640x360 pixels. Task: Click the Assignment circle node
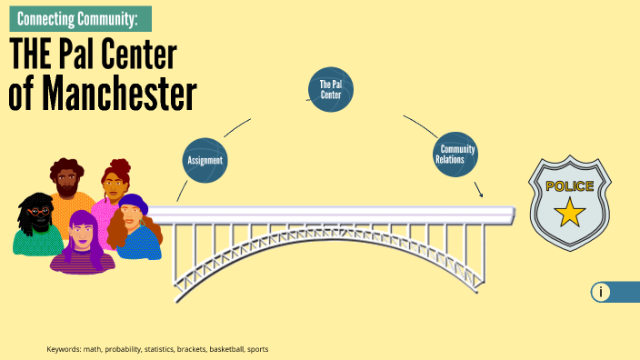[x=205, y=160]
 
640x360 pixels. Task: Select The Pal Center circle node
[x=331, y=90]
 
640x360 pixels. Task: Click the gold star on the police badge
[x=570, y=214]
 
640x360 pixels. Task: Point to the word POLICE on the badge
[x=570, y=186]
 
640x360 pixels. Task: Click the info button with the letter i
[x=601, y=292]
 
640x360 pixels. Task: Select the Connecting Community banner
[x=79, y=18]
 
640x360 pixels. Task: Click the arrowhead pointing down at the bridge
[x=481, y=194]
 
